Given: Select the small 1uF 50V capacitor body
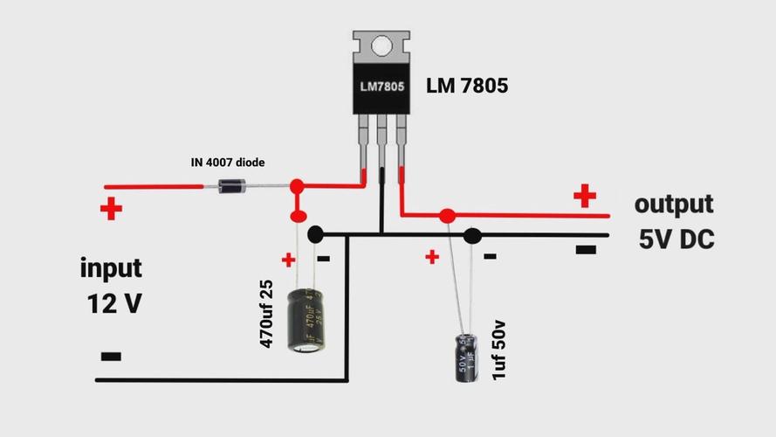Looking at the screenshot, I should point(464,356).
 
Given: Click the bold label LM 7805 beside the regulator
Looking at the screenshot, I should point(466,86).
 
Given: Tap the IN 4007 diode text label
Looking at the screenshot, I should point(228,163).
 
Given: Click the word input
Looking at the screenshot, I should point(111,267).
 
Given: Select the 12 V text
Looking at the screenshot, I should point(113,303).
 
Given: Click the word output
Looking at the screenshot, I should point(674,205).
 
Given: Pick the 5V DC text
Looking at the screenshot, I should point(676,239).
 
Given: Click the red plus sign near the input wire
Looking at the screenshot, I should point(111,210).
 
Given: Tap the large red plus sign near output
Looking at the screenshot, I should point(585,196).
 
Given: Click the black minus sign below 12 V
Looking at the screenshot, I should point(111,357).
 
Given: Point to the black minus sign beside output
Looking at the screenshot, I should point(586,250).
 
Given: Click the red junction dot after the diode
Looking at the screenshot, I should point(297,186).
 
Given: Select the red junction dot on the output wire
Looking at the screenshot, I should point(447,215).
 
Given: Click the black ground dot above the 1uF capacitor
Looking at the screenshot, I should point(472,235).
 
